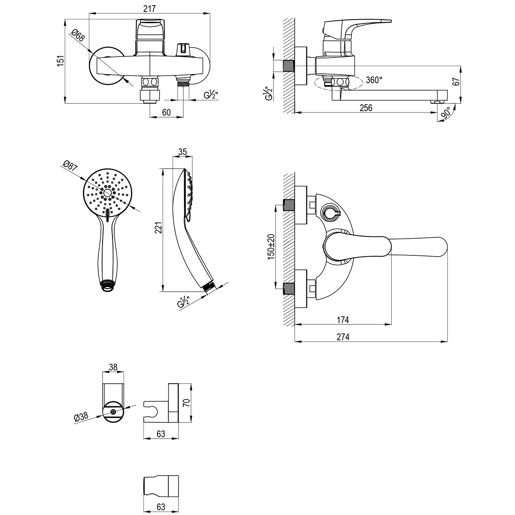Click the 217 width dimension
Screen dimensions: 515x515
pyautogui.click(x=149, y=9)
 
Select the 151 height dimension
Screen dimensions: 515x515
pyautogui.click(x=61, y=61)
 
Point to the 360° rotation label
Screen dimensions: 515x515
pyautogui.click(x=374, y=79)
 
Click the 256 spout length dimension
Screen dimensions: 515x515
pyautogui.click(x=366, y=108)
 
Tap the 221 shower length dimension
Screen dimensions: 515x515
pyautogui.click(x=158, y=229)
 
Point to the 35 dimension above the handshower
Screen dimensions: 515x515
pyautogui.click(x=182, y=151)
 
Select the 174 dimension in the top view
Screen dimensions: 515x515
pyautogui.click(x=342, y=320)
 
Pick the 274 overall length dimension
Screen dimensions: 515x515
pyautogui.click(x=343, y=337)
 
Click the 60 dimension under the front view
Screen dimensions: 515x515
pyautogui.click(x=167, y=112)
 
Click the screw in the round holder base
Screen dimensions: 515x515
pyautogui.click(x=113, y=412)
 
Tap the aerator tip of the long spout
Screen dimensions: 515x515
pyautogui.click(x=436, y=102)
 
